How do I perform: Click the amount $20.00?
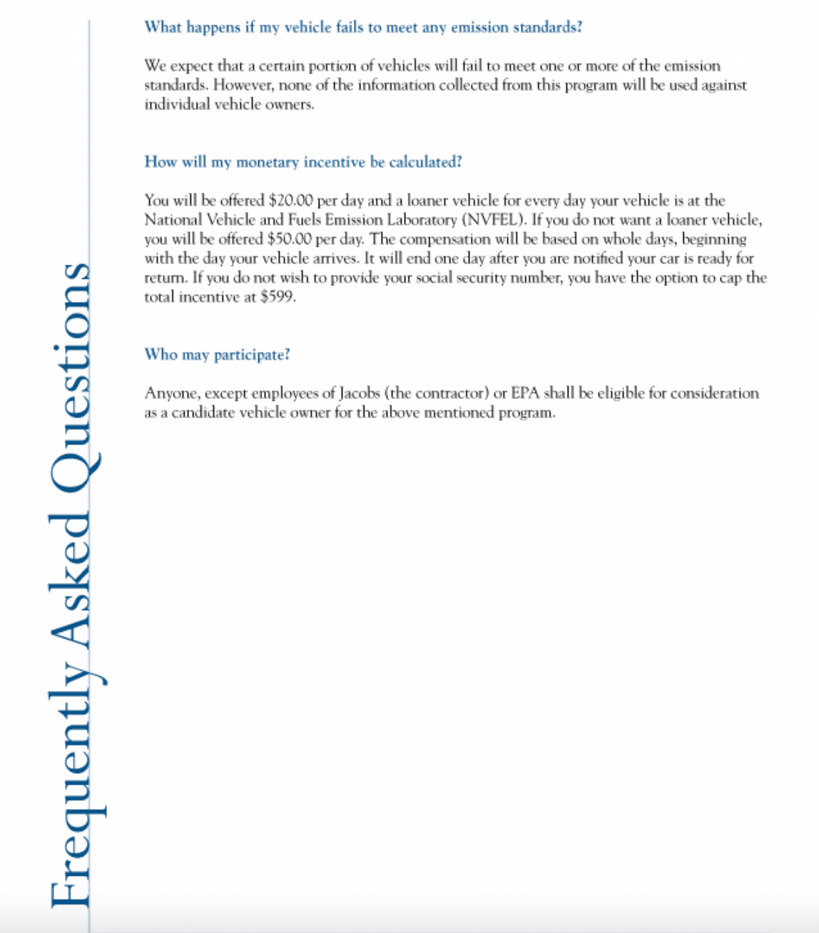point(291,200)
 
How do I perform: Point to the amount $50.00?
point(290,239)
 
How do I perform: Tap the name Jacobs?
point(359,393)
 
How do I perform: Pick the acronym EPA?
point(525,393)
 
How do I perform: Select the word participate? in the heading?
point(253,355)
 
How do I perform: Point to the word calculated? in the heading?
point(425,162)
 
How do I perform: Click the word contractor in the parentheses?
point(451,393)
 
